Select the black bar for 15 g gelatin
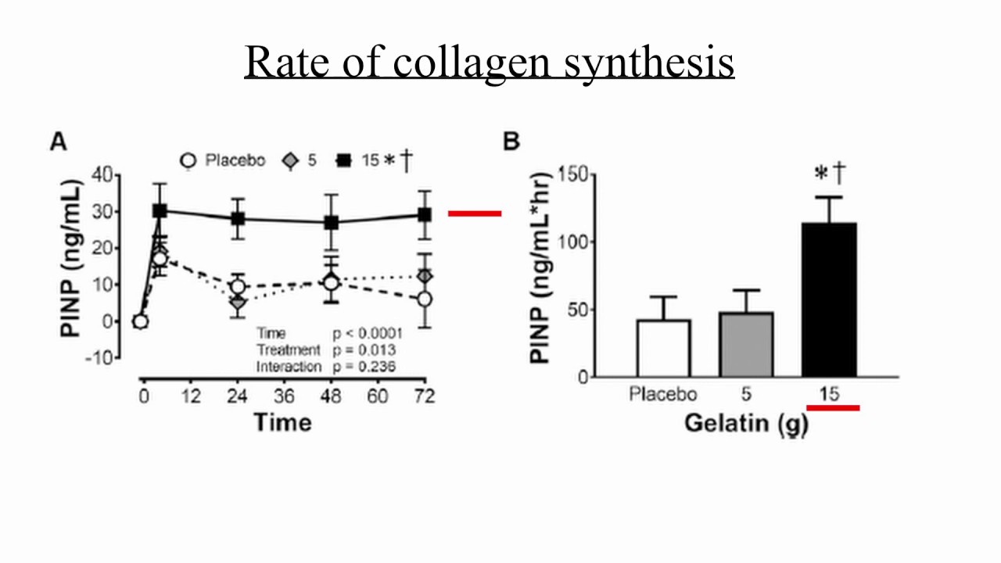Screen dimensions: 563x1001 pos(829,300)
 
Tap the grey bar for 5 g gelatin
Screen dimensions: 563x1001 pos(746,345)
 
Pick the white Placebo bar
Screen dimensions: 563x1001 pos(663,348)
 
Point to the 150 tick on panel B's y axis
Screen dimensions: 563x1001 pos(576,174)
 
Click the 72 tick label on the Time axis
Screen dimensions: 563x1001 pos(424,396)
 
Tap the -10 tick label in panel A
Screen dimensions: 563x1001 pos(105,357)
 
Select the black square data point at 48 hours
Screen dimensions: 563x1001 pos(332,223)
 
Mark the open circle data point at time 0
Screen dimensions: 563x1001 pos(140,321)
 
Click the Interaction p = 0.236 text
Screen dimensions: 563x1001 pos(326,367)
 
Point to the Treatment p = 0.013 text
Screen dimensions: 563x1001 pos(326,350)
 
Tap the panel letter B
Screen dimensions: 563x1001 pos(511,142)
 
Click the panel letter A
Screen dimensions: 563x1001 pos(59,142)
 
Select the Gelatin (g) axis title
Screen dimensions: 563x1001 pos(746,423)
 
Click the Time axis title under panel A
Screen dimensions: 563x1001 pos(282,423)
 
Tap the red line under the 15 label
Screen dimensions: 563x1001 pos(833,407)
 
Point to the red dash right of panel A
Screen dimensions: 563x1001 pos(475,213)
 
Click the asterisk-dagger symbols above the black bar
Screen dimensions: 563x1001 pos(831,174)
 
